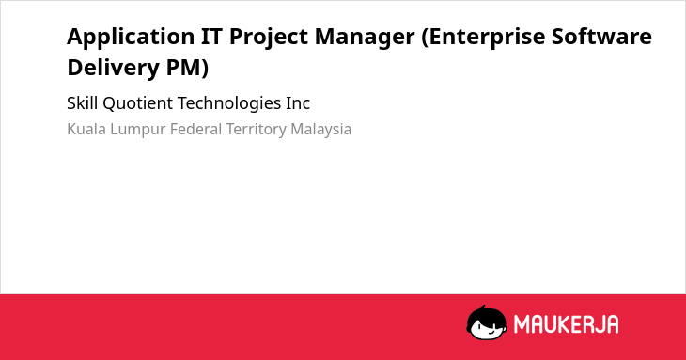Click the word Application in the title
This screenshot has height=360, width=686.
[131, 38]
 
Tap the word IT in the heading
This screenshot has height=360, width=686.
[211, 36]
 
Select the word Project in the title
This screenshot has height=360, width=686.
[269, 38]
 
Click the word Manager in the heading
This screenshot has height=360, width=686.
[365, 38]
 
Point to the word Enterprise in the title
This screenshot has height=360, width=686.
[483, 38]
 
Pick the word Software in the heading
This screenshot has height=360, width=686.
[601, 36]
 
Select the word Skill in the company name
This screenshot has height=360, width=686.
[83, 103]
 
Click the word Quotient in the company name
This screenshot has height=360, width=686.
[138, 103]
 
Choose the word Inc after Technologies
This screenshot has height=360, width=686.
[298, 103]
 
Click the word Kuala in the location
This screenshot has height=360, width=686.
[86, 129]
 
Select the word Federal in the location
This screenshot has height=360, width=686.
[196, 129]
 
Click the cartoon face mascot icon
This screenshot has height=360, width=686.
[487, 322]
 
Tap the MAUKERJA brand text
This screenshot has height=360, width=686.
[566, 324]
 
